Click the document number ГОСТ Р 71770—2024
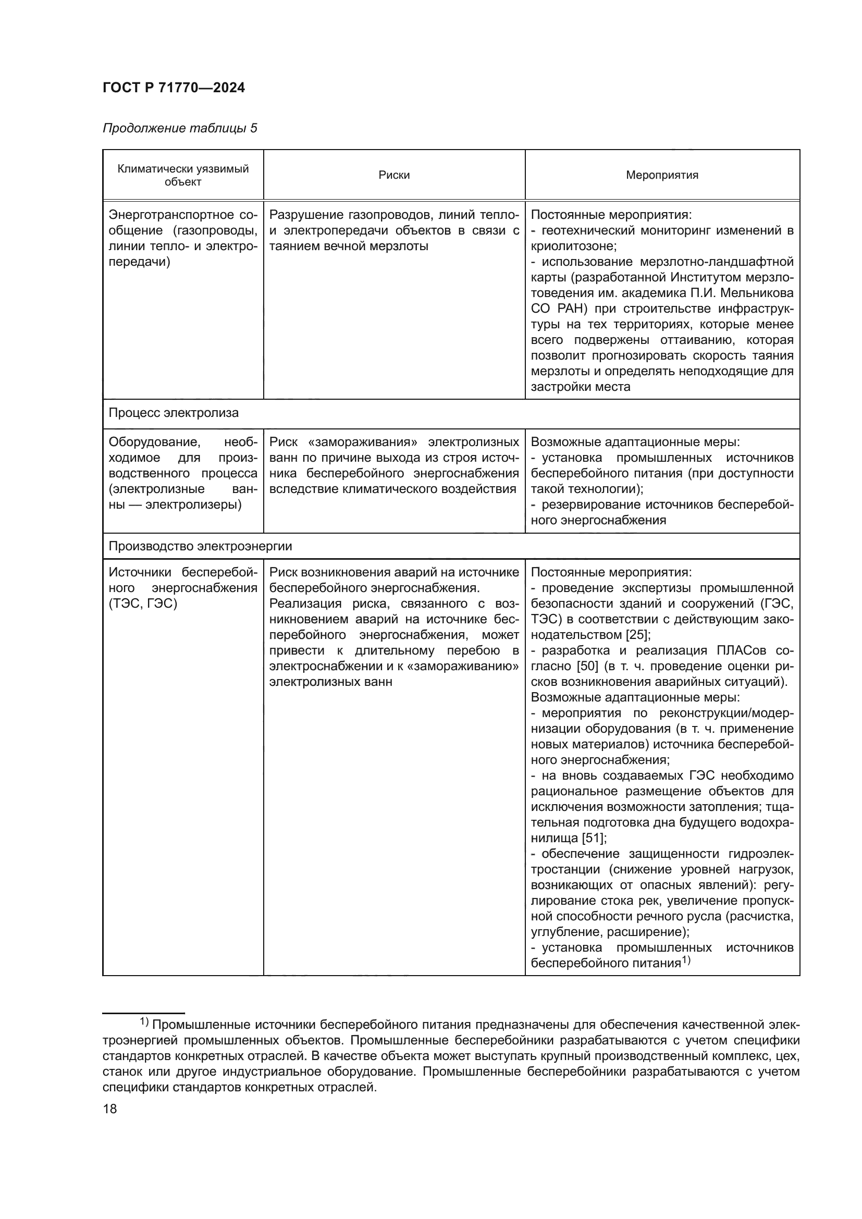(x=174, y=88)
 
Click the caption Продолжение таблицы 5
(x=179, y=128)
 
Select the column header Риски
(x=394, y=175)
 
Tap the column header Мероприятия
(x=662, y=175)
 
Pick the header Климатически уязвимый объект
(x=182, y=175)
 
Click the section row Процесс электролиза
(x=174, y=413)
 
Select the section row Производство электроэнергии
(x=200, y=546)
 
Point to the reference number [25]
(x=638, y=635)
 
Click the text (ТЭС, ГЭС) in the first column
(x=143, y=604)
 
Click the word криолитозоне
(x=573, y=247)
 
